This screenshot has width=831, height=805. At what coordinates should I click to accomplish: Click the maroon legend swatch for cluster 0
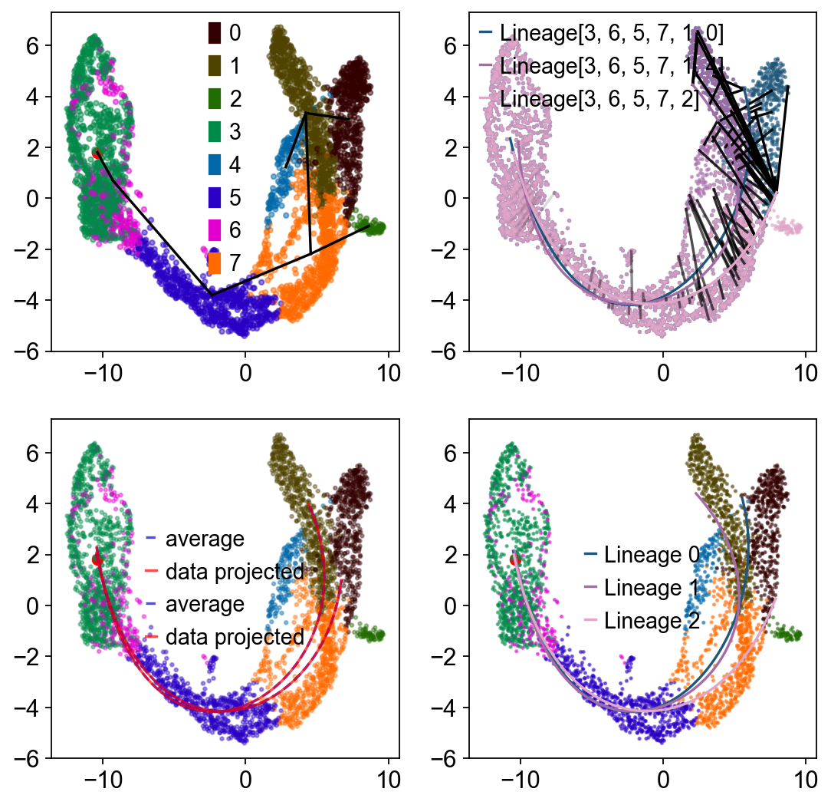coord(215,32)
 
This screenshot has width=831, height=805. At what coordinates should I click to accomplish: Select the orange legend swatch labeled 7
coord(215,263)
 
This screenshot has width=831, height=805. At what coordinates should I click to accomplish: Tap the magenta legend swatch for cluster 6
coord(215,230)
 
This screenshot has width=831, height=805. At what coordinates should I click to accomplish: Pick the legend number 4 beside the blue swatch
coord(234,164)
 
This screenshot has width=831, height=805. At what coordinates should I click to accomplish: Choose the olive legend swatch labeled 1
coord(215,65)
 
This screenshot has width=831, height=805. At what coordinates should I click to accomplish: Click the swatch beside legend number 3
coord(215,131)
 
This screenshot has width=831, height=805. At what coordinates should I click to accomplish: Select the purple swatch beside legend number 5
coord(215,197)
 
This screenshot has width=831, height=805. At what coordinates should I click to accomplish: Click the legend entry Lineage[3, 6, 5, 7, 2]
coord(599,99)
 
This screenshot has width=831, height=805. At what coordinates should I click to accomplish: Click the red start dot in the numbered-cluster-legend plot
coord(97,153)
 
